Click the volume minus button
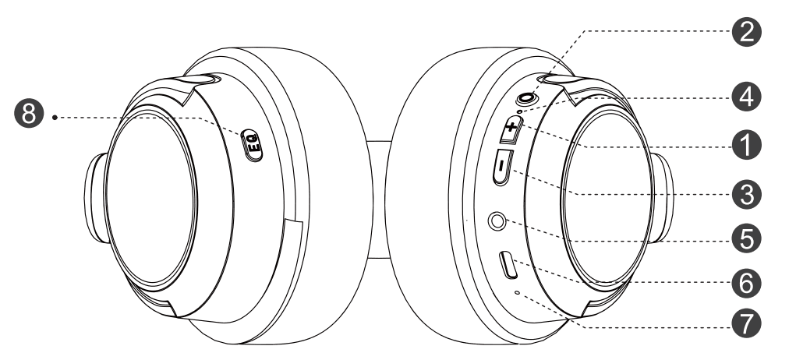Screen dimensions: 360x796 tap(502, 167)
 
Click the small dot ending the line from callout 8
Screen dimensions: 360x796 tap(55, 118)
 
